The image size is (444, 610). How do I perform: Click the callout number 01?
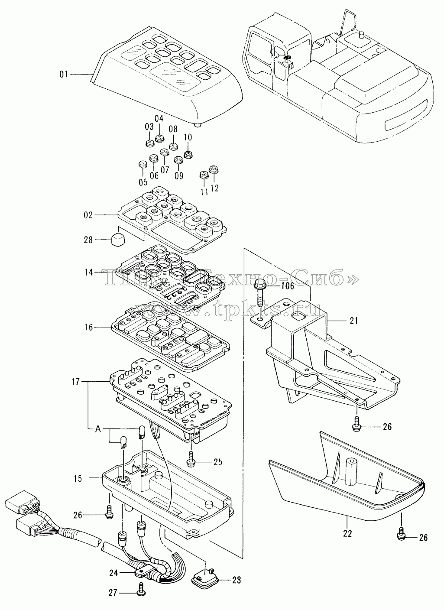click(x=64, y=74)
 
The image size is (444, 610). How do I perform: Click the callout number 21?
click(x=353, y=321)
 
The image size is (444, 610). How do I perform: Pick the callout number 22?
click(x=347, y=533)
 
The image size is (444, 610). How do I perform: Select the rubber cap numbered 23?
click(x=203, y=574)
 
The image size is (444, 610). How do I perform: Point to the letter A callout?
click(x=98, y=429)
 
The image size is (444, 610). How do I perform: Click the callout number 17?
click(x=76, y=382)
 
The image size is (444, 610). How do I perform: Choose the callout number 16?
click(x=88, y=327)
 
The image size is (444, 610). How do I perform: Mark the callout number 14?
click(x=89, y=272)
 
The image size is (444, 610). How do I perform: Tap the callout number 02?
click(x=88, y=215)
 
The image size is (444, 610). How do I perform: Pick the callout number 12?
click(x=215, y=188)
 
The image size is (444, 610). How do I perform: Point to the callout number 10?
click(x=188, y=137)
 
